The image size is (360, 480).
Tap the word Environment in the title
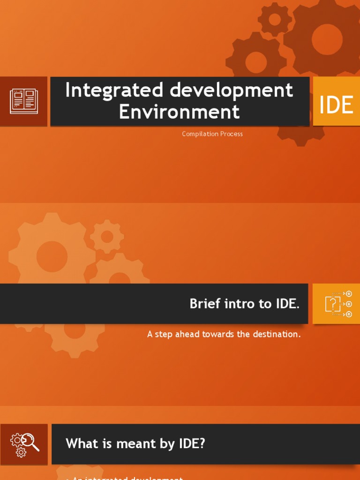coord(179,112)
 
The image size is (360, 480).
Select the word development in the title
coord(232,90)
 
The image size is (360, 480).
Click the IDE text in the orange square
coord(336,105)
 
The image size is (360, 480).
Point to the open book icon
coord(23,101)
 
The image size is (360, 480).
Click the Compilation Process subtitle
coord(212,134)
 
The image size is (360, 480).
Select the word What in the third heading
coord(81,443)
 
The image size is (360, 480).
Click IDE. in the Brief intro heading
coord(287,304)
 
